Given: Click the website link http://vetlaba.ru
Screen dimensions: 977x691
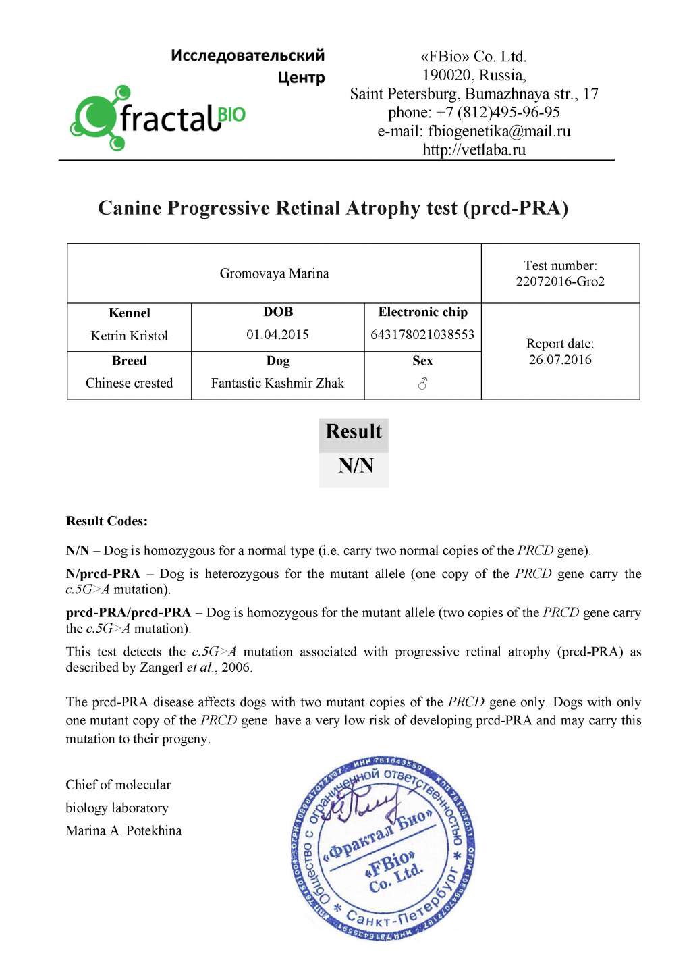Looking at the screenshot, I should (474, 150).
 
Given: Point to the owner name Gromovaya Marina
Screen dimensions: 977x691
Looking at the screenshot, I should (274, 273).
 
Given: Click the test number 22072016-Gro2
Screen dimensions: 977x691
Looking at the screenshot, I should (560, 282).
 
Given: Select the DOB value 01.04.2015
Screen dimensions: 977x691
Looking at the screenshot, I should (277, 335).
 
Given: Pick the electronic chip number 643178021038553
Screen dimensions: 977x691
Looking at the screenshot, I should (422, 335).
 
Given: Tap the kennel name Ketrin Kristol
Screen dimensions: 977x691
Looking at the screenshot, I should (129, 336).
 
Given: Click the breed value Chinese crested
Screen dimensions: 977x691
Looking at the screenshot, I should (129, 384).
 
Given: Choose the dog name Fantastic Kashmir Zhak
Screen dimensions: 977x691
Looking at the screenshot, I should (277, 384).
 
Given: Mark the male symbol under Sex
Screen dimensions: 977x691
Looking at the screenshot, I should (422, 384).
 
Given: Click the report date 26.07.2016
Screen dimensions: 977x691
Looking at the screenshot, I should (560, 360).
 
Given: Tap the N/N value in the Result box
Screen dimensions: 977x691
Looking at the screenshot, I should (356, 466).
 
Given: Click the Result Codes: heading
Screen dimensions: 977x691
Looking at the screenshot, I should (107, 521).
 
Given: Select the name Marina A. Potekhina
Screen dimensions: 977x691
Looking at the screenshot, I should (123, 831).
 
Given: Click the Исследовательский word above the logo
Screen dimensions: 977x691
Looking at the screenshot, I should (248, 55).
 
